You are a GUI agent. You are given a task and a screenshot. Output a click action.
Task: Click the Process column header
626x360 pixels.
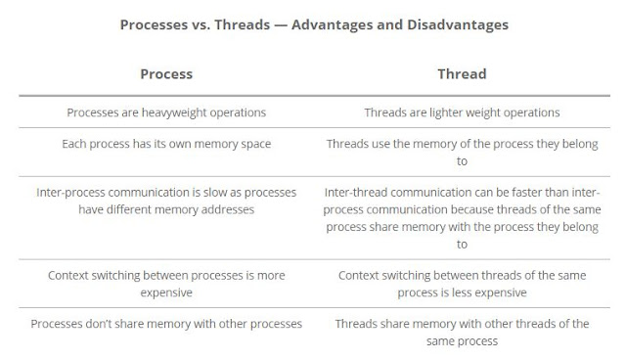click(x=166, y=73)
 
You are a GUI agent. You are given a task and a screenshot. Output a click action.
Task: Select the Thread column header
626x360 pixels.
click(x=462, y=73)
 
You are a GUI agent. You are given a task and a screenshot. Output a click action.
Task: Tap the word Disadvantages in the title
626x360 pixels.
click(x=457, y=24)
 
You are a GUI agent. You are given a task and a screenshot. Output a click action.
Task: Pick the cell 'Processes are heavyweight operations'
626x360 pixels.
click(x=166, y=112)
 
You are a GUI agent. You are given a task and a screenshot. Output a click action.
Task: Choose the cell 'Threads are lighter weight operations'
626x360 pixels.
click(x=462, y=112)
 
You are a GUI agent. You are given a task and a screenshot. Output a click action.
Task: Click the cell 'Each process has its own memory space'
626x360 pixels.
click(x=166, y=144)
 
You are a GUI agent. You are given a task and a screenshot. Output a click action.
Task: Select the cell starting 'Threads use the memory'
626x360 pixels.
click(x=462, y=153)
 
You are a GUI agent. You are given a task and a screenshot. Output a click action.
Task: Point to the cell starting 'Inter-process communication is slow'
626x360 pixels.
click(x=166, y=201)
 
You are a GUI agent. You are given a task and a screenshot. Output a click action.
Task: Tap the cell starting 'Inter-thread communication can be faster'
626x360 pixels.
click(x=462, y=218)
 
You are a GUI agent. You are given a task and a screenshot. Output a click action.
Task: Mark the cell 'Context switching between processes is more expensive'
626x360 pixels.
click(x=166, y=283)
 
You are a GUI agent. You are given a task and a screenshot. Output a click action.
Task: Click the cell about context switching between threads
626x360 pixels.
click(x=462, y=283)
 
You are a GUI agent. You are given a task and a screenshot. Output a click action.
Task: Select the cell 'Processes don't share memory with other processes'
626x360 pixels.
click(x=166, y=323)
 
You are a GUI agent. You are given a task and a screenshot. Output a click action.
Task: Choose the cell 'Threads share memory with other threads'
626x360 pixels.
click(x=462, y=332)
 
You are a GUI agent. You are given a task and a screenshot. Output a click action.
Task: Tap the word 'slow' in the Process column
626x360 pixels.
click(x=223, y=193)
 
